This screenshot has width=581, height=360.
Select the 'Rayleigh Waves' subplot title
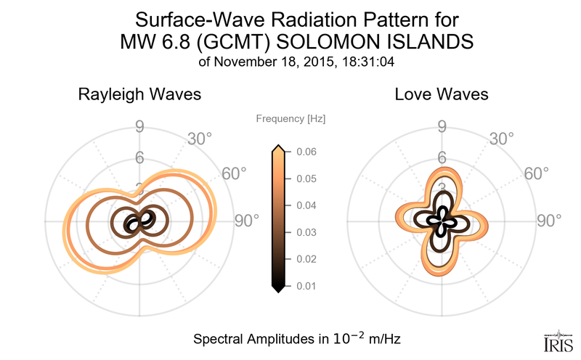click(x=139, y=94)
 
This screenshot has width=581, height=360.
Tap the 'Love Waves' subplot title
click(x=442, y=94)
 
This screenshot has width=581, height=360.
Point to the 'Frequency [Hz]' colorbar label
click(x=291, y=118)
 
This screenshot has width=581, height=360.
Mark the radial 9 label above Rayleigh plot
click(x=139, y=128)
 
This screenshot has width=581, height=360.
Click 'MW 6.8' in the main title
click(x=150, y=42)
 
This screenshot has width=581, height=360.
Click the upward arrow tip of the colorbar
click(x=277, y=148)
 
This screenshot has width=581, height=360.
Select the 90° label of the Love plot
click(x=549, y=221)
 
